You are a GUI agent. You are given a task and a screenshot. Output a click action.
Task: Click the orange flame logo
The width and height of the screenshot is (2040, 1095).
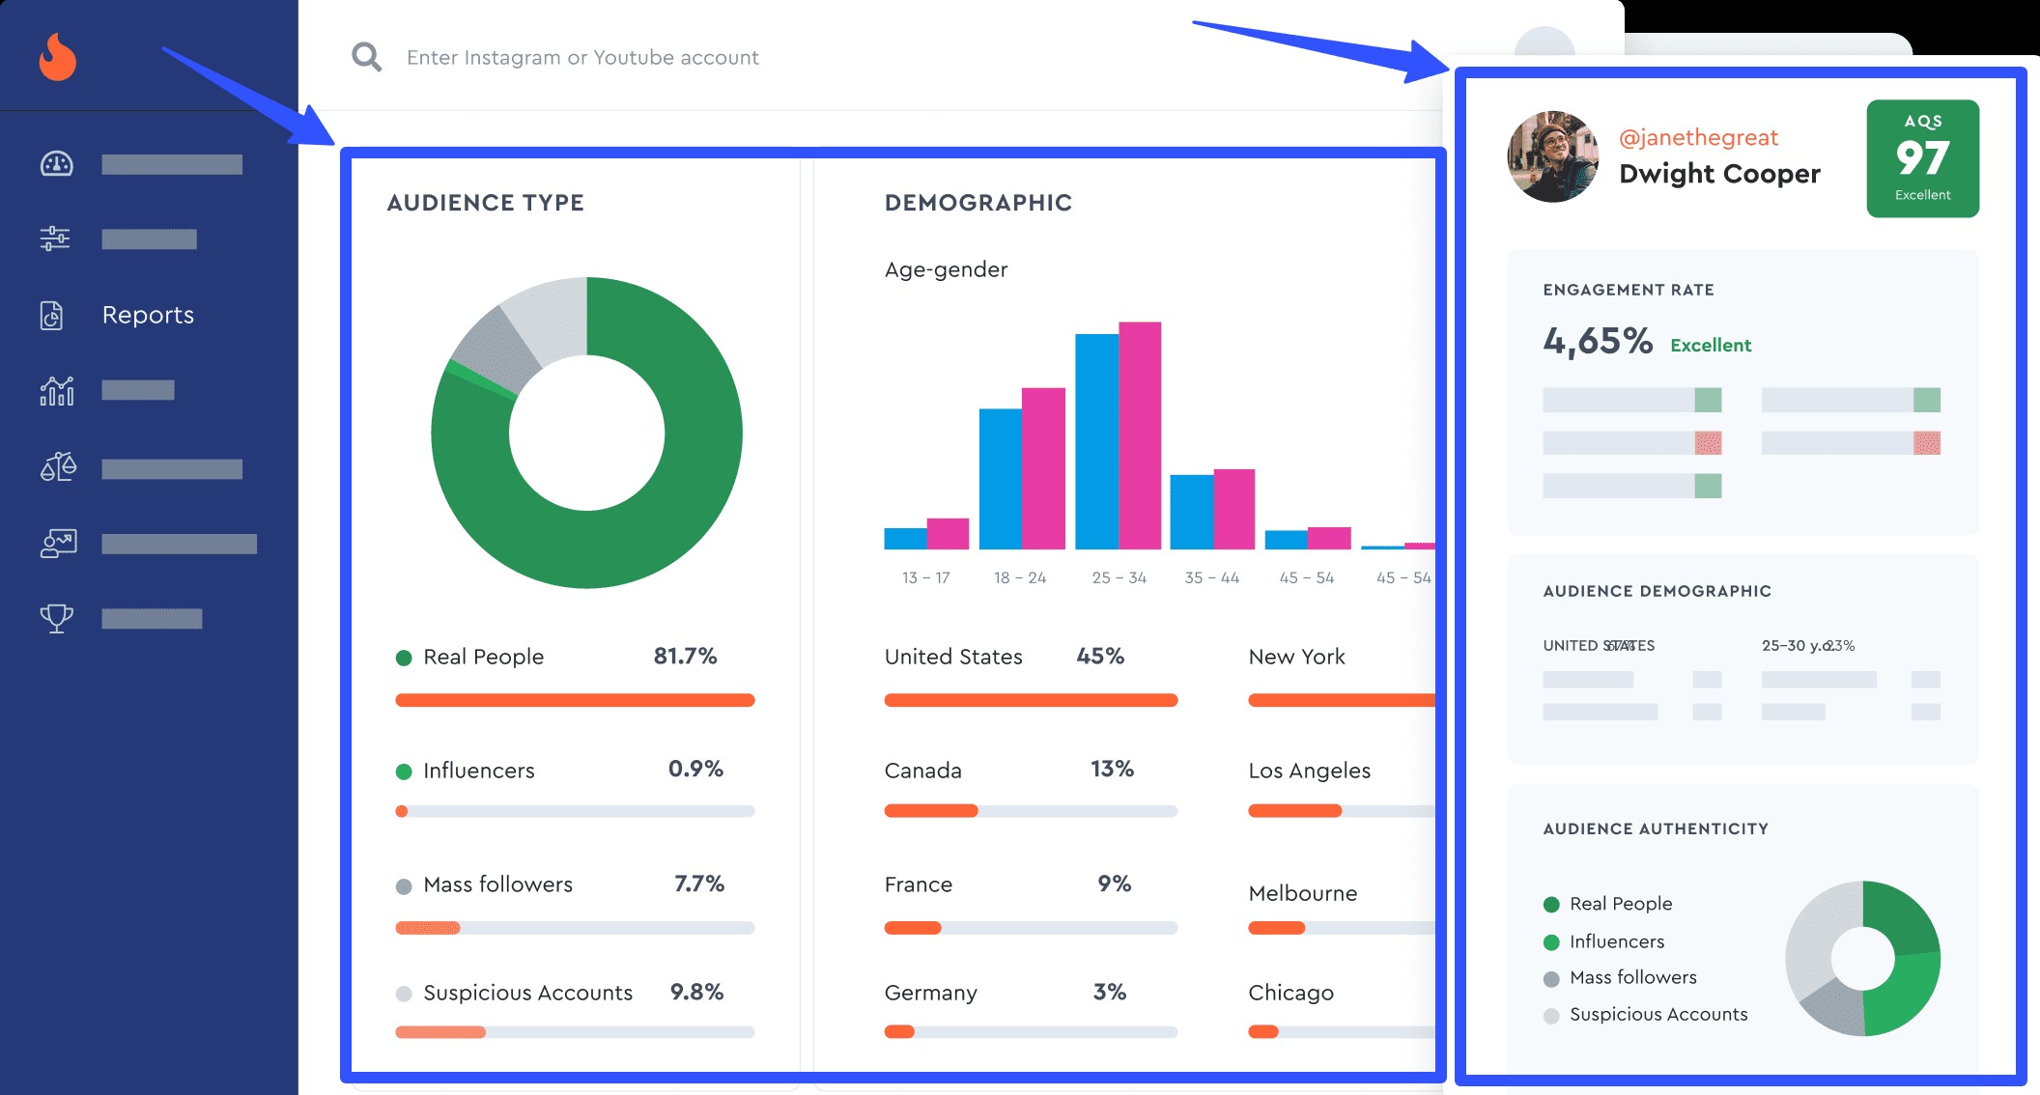point(57,57)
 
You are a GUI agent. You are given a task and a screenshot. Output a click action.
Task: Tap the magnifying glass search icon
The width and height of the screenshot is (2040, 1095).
point(366,57)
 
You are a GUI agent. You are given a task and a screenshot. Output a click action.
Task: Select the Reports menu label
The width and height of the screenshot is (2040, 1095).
point(148,315)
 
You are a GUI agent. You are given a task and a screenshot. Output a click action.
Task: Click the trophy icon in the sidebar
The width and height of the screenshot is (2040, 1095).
point(56,618)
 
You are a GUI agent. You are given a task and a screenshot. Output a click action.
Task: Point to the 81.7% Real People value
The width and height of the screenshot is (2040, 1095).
point(685,657)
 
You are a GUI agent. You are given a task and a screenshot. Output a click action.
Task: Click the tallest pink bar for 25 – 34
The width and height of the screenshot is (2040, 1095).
point(1140,435)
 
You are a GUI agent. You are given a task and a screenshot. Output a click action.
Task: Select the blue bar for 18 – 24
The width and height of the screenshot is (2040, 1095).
point(1000,478)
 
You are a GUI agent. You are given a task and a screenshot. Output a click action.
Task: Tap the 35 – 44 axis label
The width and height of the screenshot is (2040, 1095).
point(1211,577)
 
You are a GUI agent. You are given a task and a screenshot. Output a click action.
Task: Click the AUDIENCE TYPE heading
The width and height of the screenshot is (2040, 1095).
point(485,203)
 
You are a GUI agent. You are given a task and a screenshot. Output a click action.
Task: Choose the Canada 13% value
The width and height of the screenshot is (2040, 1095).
point(1112,770)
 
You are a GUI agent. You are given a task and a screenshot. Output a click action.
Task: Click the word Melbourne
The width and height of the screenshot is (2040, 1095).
point(1302,893)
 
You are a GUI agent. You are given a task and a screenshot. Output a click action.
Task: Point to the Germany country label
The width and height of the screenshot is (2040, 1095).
point(930,993)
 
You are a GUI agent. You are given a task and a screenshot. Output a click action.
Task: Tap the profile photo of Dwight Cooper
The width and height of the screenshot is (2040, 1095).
point(1552,156)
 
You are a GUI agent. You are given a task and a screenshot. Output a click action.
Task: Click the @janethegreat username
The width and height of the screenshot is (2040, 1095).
point(1698,138)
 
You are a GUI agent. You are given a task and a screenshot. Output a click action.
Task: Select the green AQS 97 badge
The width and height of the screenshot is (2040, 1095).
point(1922,158)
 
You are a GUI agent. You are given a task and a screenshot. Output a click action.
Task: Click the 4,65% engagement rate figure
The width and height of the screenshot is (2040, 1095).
point(1598,341)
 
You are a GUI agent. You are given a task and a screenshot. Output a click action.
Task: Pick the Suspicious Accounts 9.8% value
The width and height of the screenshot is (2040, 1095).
point(696,993)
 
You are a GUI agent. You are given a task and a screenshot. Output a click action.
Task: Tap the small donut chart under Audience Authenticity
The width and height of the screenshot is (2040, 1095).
point(1862,958)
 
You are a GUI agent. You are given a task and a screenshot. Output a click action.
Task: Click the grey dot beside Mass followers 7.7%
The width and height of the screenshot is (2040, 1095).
point(404,886)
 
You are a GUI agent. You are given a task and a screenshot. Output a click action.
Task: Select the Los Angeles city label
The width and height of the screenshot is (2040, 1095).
point(1309,771)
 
